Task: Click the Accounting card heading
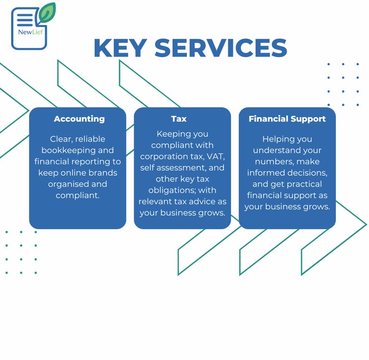pos(79,119)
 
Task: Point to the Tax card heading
pos(179,119)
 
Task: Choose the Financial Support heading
pos(287,119)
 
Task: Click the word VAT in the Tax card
pos(214,156)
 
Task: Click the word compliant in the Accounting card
pos(77,195)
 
